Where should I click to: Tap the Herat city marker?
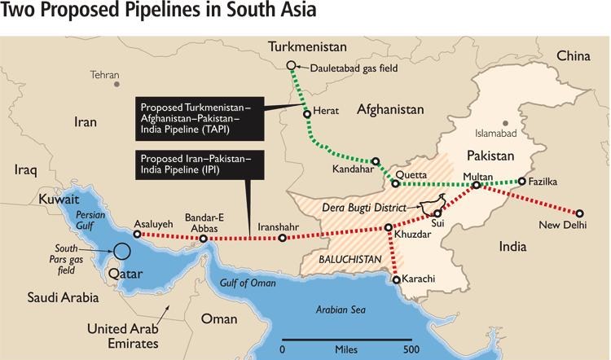click(307, 115)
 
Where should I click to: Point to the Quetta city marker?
click(396, 182)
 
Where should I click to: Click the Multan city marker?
click(477, 186)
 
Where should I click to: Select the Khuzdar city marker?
click(389, 228)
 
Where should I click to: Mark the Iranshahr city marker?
click(282, 239)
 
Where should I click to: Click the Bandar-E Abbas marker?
click(204, 239)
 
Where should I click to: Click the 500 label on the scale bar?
click(411, 349)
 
